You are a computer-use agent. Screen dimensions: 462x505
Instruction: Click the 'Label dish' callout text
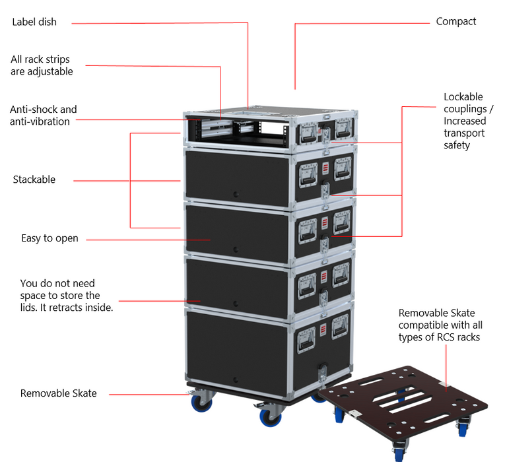tap(34, 22)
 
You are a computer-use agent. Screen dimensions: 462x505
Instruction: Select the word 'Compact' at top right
tap(455, 22)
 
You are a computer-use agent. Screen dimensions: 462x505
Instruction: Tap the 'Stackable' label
tap(34, 180)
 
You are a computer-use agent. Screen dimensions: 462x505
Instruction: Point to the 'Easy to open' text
tap(50, 238)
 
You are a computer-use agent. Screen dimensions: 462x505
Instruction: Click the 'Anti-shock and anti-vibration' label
tap(44, 115)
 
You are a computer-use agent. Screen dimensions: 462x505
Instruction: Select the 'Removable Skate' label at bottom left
tap(59, 393)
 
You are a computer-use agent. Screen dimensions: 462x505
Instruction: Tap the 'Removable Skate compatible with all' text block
tap(440, 325)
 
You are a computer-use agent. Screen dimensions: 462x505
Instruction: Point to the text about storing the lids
tap(67, 296)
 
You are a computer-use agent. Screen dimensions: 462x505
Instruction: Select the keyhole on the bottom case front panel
tap(236, 379)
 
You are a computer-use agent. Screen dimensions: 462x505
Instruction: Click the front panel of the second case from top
tap(236, 175)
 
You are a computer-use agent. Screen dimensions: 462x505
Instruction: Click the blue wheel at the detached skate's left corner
tap(339, 414)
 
